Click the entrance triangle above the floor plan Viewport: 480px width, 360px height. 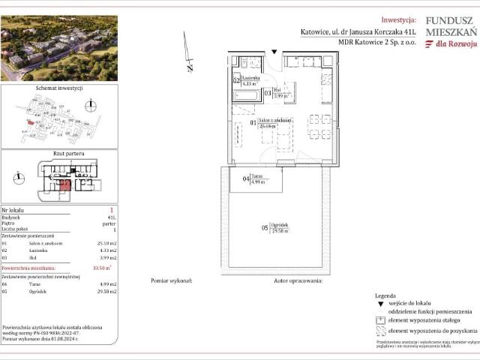click(274, 52)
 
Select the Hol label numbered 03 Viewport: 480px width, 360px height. click(276, 92)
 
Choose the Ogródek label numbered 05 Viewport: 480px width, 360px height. click(277, 227)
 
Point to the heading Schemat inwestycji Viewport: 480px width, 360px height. click(59, 88)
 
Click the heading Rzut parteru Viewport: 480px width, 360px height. click(59, 154)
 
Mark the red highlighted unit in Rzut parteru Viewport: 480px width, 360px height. click(64, 184)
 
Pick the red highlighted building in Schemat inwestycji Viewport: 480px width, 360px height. click(29, 123)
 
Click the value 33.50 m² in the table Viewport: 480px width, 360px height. click(98, 267)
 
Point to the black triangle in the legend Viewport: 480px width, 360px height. click(380, 304)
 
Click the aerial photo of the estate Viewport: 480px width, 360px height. click(59, 47)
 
